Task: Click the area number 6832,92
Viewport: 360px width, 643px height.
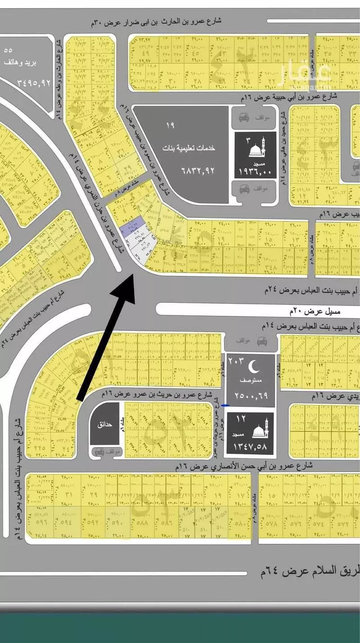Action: [197, 170]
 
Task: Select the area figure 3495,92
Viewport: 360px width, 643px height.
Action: [27, 82]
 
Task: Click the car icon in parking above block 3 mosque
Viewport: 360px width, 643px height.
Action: [244, 117]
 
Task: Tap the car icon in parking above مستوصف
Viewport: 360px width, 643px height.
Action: [262, 341]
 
